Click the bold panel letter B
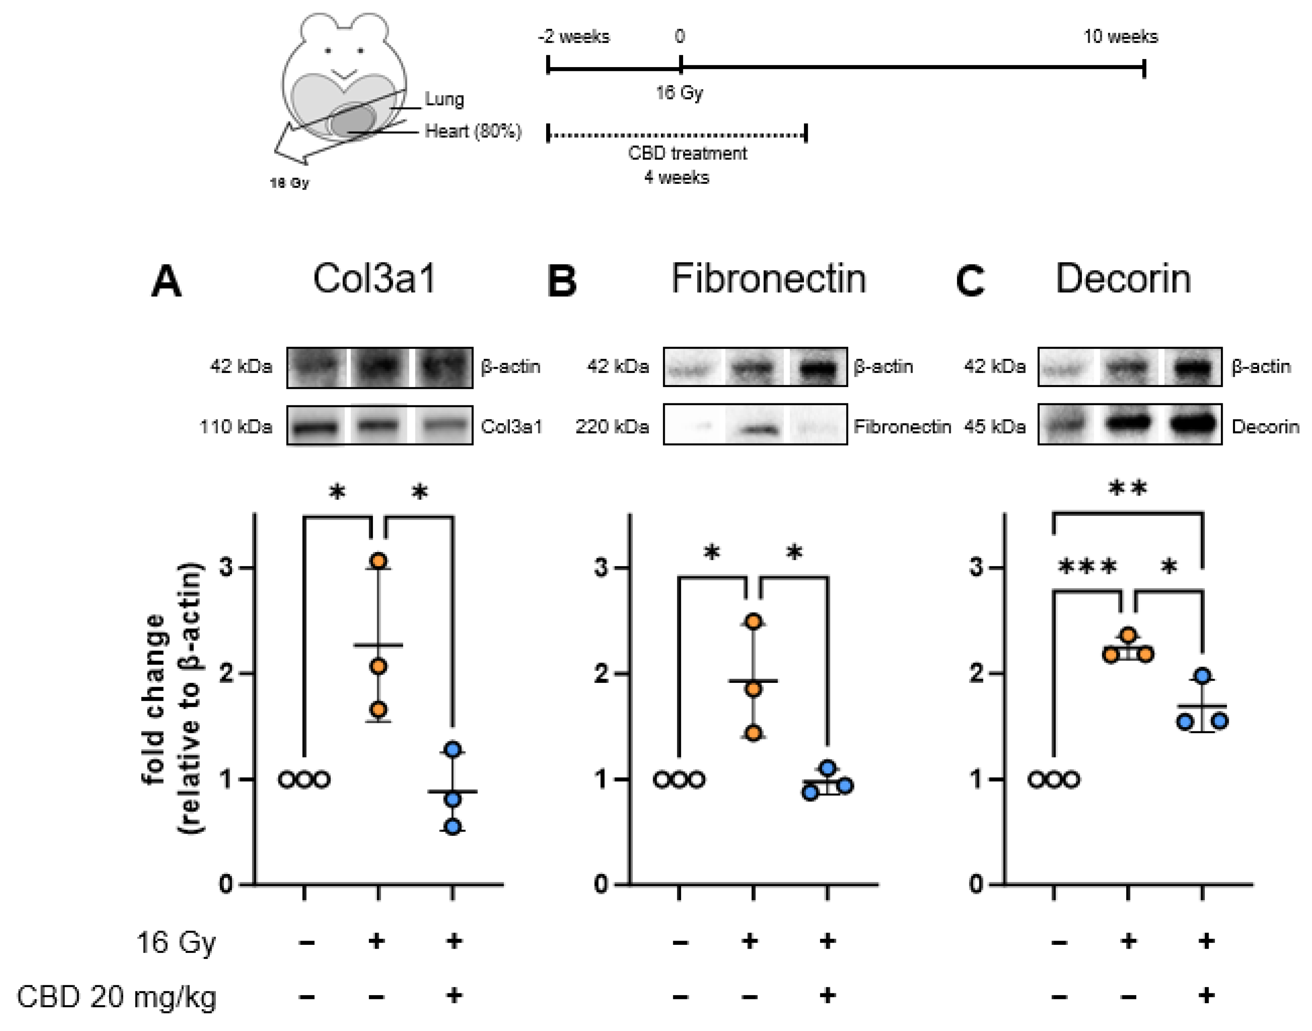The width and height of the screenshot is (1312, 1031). pyautogui.click(x=561, y=282)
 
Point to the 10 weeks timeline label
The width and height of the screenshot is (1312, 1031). pyautogui.click(x=1120, y=37)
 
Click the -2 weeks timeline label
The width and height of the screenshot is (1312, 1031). pyautogui.click(x=574, y=37)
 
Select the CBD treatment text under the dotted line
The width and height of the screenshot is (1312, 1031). pyautogui.click(x=687, y=153)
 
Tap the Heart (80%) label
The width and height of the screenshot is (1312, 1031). pyautogui.click(x=473, y=131)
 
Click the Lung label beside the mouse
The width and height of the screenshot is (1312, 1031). pyautogui.click(x=444, y=99)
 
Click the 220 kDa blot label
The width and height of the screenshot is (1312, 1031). pyautogui.click(x=612, y=427)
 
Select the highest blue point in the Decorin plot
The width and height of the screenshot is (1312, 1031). pyautogui.click(x=1203, y=676)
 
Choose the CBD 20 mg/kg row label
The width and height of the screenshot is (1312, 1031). pyautogui.click(x=116, y=997)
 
